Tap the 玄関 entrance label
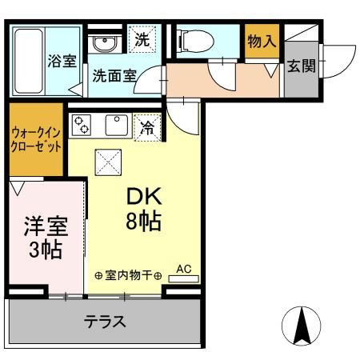(x=300, y=66)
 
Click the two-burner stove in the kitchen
(x=82, y=124)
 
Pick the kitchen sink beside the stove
(x=117, y=124)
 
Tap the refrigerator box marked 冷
(x=147, y=126)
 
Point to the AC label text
(x=183, y=269)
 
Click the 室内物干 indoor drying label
(x=129, y=275)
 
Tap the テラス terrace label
(x=106, y=322)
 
